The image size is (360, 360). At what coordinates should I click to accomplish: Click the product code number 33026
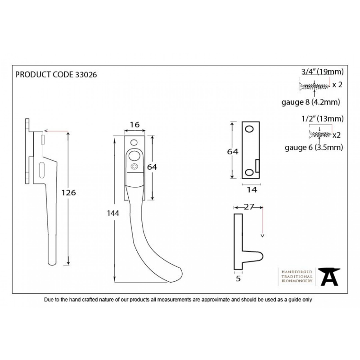pos(86,75)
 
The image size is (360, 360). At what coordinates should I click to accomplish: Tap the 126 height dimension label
pos(68,193)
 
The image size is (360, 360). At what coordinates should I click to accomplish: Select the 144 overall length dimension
pos(113,213)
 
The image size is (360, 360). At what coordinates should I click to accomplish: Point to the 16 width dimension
pos(135,125)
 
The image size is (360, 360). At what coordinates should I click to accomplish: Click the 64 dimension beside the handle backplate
pos(152,167)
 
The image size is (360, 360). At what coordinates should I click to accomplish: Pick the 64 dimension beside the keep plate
pos(233,152)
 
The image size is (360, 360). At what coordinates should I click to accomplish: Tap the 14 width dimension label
pos(252,189)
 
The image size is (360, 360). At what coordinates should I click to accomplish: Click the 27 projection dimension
pos(249,207)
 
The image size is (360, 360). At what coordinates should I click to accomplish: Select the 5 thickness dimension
pos(238,279)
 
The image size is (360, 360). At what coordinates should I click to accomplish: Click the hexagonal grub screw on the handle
pos(134,166)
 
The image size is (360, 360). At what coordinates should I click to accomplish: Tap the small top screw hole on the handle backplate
pos(134,142)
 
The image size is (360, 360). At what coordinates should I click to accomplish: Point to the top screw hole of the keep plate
pos(249,129)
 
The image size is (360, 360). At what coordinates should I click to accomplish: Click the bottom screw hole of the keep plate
pos(249,172)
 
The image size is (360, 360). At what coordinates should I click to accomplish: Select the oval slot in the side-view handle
pos(42,170)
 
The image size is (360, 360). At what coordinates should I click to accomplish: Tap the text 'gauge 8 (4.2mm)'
pos(310,102)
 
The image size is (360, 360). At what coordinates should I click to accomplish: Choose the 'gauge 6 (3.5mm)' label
pos(314,147)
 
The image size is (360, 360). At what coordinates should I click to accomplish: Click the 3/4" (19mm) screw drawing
pos(315,86)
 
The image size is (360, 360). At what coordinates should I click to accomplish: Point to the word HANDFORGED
pos(297,272)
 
